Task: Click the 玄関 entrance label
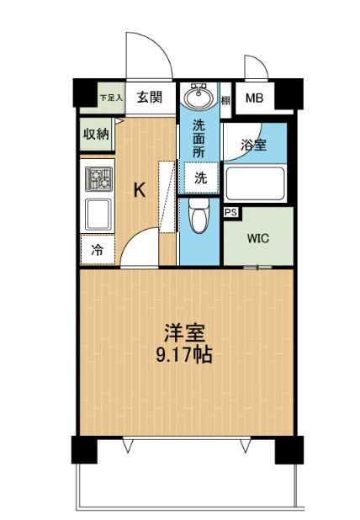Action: point(150,98)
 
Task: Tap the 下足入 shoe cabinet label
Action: point(111,98)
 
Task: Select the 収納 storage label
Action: point(96,134)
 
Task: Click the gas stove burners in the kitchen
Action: point(98,179)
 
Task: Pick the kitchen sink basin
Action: point(98,215)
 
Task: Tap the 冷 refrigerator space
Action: point(98,250)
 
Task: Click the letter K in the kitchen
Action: point(140,190)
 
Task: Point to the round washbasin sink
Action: point(199,97)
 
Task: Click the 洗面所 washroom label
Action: point(199,139)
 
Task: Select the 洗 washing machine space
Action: point(201,178)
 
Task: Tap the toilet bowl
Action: point(199,215)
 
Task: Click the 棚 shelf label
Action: point(225,100)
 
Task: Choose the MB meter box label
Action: point(254,98)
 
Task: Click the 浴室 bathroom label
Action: point(253,146)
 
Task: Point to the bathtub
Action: point(255,183)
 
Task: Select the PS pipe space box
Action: point(231,212)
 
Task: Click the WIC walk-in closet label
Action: point(258,238)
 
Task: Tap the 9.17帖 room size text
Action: point(184,355)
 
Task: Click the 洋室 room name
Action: point(184,333)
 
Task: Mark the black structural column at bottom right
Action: point(289,449)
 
